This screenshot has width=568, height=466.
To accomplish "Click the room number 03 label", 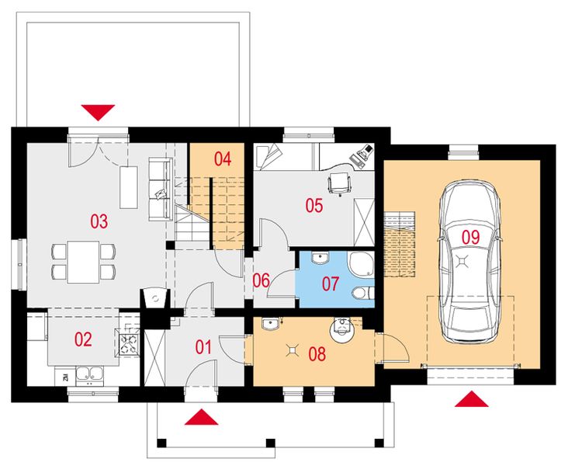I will click(x=98, y=221).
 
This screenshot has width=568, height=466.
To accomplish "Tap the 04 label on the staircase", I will click(x=223, y=159).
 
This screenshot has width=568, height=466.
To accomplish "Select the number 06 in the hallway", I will click(x=261, y=280).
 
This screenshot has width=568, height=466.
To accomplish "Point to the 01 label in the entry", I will click(x=203, y=346).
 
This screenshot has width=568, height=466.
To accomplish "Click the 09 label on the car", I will click(x=470, y=236).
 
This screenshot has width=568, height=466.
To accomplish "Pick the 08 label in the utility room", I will click(x=317, y=355).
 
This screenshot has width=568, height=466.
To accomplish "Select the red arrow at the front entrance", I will click(x=202, y=417).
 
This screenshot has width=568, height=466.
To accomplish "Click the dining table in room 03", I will click(x=83, y=261).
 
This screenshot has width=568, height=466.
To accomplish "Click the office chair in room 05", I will click(x=339, y=182).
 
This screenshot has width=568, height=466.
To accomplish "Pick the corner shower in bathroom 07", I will click(x=361, y=265).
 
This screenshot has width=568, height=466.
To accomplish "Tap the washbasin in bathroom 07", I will click(x=320, y=258).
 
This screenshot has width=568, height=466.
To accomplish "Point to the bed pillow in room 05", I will click(x=265, y=156).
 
